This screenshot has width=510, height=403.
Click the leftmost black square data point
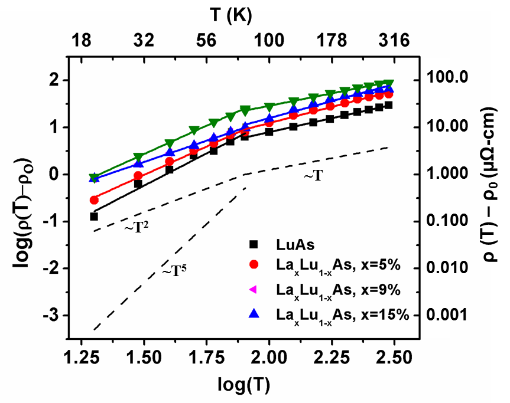[x=94, y=217]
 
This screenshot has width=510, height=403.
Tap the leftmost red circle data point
[x=94, y=200]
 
